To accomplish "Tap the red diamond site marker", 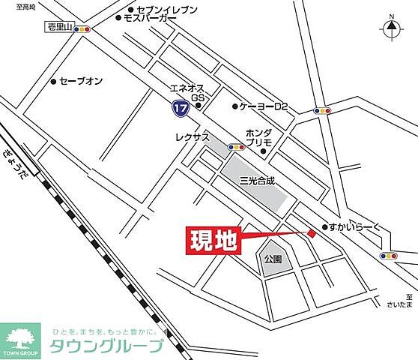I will [x=311, y=235].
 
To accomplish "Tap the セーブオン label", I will [x=80, y=81].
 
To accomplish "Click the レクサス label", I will [x=189, y=139].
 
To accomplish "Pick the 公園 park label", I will [x=272, y=259].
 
